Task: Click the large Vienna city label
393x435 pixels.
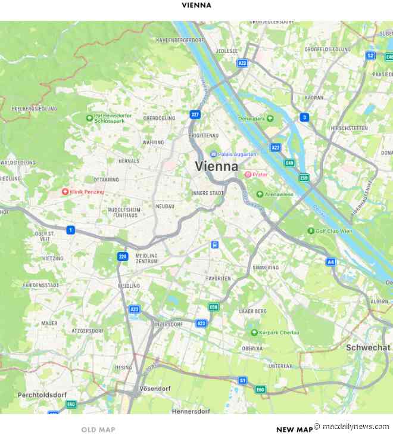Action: pyautogui.click(x=217, y=167)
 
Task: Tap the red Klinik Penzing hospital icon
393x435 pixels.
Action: pyautogui.click(x=65, y=192)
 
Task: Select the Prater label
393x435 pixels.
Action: pyautogui.click(x=260, y=175)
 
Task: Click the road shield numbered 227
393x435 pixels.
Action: pyautogui.click(x=195, y=114)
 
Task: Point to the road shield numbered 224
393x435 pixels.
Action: pyautogui.click(x=123, y=256)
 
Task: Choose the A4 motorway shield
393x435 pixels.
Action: pyautogui.click(x=331, y=262)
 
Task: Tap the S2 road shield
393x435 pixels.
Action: pyautogui.click(x=370, y=55)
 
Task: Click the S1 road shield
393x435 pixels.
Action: pyautogui.click(x=242, y=380)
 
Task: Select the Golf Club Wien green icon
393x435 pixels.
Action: pyautogui.click(x=311, y=231)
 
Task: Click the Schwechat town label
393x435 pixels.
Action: pyautogui.click(x=369, y=347)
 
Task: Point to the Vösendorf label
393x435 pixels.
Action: pyautogui.click(x=154, y=389)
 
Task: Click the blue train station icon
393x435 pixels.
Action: pyautogui.click(x=215, y=244)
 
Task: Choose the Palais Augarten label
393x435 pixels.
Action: pyautogui.click(x=237, y=154)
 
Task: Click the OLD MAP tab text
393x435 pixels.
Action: pyautogui.click(x=98, y=429)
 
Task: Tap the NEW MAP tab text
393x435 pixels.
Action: pyautogui.click(x=294, y=429)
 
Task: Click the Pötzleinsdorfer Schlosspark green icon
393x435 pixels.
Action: pyautogui.click(x=89, y=118)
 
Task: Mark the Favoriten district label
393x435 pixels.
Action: pyautogui.click(x=218, y=278)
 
